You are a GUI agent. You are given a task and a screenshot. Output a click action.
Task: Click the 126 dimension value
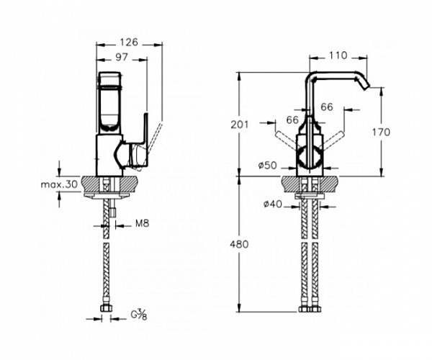(x=129, y=42)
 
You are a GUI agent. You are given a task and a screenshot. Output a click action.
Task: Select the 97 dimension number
(x=122, y=58)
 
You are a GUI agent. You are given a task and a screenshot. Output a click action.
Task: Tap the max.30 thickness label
(x=59, y=184)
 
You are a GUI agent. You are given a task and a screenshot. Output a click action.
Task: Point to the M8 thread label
(x=142, y=223)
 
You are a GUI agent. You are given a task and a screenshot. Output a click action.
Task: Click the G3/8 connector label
(x=139, y=315)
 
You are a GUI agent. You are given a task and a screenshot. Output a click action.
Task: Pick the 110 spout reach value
(x=338, y=55)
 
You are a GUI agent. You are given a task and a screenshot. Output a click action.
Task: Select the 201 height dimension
(x=240, y=125)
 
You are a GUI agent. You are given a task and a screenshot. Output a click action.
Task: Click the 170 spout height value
(x=382, y=132)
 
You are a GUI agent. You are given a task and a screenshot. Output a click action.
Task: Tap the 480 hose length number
(x=240, y=244)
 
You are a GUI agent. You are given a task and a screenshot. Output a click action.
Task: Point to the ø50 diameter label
(x=268, y=166)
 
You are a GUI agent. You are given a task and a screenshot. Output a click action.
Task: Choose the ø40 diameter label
(x=273, y=204)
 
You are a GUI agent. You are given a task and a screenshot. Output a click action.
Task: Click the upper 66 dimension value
(x=327, y=107)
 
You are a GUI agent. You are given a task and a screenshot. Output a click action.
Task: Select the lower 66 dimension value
(x=292, y=120)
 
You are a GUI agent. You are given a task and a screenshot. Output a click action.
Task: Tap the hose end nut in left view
(x=106, y=308)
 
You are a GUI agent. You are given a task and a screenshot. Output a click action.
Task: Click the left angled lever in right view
(x=286, y=140)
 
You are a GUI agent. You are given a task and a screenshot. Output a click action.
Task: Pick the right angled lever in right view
(x=333, y=140)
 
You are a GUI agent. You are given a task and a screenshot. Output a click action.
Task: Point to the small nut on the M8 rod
(x=112, y=212)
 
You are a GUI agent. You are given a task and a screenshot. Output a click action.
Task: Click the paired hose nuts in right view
(x=310, y=309)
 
